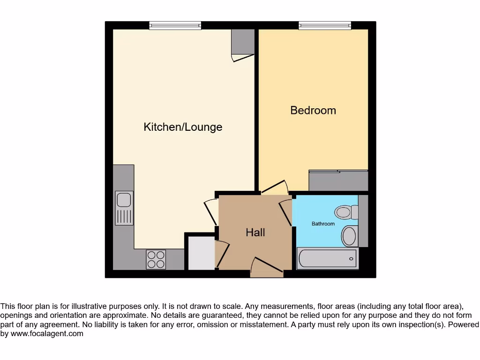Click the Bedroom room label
point(313,110)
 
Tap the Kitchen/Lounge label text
point(183,127)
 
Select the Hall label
point(255,232)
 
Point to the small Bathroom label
point(323,224)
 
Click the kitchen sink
point(124,208)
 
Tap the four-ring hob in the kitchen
point(156,259)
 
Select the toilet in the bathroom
point(345,212)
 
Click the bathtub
point(327,258)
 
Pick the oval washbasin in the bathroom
point(349,236)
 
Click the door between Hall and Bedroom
point(275,187)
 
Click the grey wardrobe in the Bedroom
point(338,181)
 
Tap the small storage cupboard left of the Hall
point(201,253)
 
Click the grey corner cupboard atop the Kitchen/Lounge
point(243,42)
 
